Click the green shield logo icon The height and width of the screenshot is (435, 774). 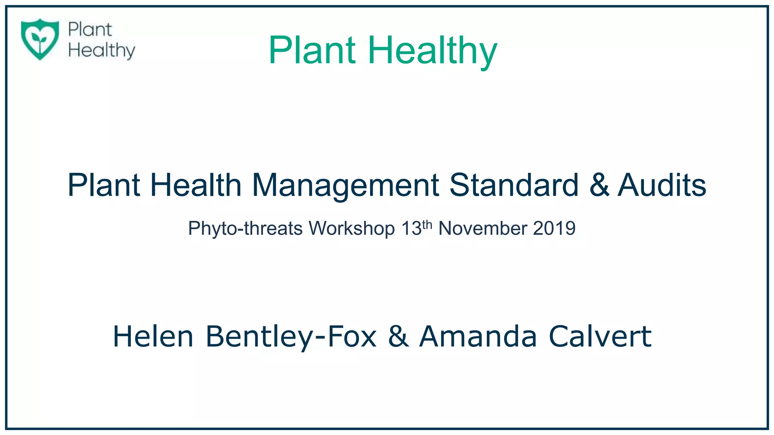click(x=40, y=39)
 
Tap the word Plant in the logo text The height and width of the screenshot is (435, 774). click(x=90, y=29)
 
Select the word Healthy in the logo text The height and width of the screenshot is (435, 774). click(x=102, y=51)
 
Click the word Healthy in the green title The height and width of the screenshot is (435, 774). click(x=432, y=50)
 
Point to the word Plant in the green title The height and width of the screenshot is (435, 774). click(x=312, y=50)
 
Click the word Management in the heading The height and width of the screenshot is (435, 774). click(x=345, y=185)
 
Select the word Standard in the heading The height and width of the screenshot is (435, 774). click(x=514, y=185)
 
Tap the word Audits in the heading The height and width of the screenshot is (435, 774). click(x=662, y=185)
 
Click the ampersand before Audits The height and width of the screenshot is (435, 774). click(x=599, y=185)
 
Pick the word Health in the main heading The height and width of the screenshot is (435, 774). click(x=196, y=185)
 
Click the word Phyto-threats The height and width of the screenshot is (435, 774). click(x=245, y=228)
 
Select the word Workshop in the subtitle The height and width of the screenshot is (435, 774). click(x=351, y=228)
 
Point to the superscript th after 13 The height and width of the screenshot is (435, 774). click(x=427, y=225)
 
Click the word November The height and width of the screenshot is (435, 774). click(x=483, y=228)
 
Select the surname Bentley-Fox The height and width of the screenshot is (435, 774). click(x=291, y=337)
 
